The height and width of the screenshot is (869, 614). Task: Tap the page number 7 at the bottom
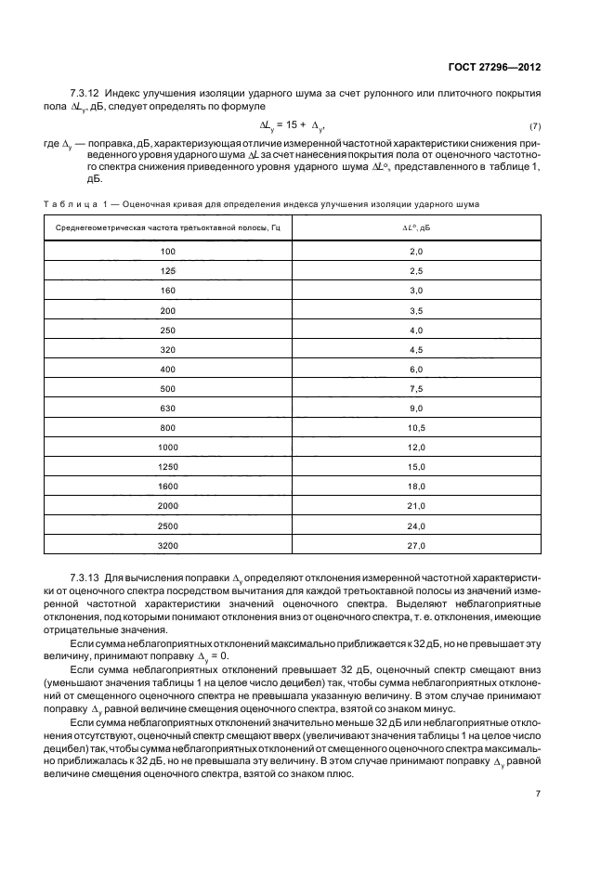(x=539, y=793)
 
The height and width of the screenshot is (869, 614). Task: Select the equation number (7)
(x=535, y=125)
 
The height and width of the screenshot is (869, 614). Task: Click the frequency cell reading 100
(x=167, y=252)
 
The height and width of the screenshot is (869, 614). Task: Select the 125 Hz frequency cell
(x=167, y=271)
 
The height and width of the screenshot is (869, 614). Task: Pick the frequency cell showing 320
(x=167, y=350)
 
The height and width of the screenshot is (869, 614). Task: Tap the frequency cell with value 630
(x=167, y=409)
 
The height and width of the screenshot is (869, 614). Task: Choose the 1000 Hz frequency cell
(x=167, y=447)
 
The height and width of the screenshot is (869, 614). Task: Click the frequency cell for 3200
(x=167, y=546)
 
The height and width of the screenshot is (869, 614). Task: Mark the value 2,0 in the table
(x=416, y=252)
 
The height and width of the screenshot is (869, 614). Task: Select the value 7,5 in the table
(x=416, y=389)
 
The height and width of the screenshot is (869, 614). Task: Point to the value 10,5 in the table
(x=416, y=428)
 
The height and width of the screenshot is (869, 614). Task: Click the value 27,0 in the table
(x=416, y=546)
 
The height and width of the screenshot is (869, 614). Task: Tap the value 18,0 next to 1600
(x=416, y=486)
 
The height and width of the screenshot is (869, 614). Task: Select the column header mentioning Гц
(x=167, y=227)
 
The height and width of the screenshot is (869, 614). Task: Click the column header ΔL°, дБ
(x=415, y=227)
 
